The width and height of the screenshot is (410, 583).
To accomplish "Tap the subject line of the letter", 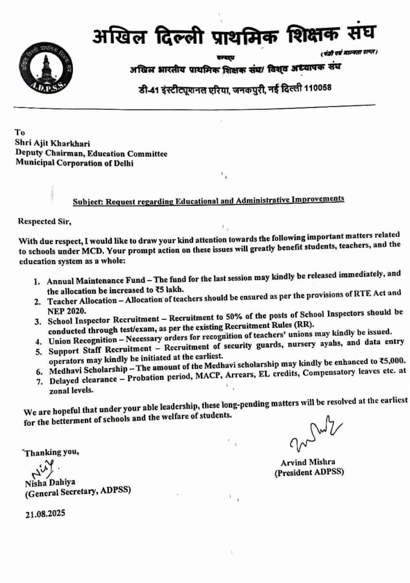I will pos(208,200).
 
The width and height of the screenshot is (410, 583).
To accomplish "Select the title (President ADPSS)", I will pos(309,473).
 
